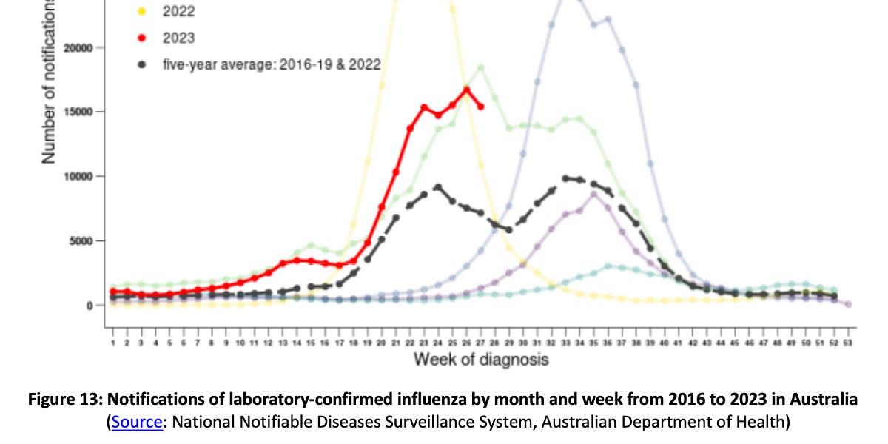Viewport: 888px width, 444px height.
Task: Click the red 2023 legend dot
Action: (141, 38)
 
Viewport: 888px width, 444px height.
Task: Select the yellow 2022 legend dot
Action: (141, 11)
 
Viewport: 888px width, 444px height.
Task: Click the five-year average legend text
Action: (272, 64)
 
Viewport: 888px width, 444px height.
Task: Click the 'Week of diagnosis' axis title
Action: (481, 360)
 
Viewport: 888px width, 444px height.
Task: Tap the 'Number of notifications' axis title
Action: (49, 81)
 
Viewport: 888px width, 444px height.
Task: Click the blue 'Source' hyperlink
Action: (136, 423)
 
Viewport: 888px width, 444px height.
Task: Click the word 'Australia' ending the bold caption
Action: (825, 400)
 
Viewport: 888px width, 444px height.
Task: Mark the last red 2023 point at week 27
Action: (481, 107)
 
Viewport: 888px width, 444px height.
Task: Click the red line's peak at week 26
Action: (467, 90)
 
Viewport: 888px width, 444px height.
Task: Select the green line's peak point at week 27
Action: (481, 67)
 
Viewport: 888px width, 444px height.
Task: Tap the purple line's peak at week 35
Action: (593, 194)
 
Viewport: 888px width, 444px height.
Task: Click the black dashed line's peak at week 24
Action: (438, 187)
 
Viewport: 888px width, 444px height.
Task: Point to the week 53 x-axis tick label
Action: (848, 343)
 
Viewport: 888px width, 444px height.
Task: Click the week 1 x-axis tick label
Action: (112, 343)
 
